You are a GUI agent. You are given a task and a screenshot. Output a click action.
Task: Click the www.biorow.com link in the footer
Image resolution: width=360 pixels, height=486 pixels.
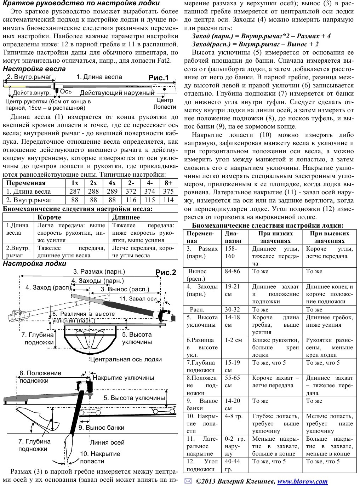[x=303, y=481]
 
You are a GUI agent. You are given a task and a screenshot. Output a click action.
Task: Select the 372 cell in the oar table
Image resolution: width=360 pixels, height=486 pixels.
[x=131, y=191]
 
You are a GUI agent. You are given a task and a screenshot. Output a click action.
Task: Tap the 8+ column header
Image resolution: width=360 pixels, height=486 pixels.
[x=168, y=183]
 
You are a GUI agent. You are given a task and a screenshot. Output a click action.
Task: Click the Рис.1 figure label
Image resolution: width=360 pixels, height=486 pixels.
[x=159, y=78]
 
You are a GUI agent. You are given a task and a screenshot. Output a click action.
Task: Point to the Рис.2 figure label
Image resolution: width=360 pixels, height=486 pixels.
[x=166, y=272]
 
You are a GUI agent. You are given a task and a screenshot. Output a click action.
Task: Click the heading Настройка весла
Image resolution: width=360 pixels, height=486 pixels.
[x=34, y=69]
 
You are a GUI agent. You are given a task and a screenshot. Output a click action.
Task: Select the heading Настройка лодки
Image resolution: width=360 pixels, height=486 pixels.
[x=34, y=264]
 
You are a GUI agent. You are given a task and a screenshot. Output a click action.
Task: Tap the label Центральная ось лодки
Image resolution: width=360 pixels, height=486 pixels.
[x=126, y=359]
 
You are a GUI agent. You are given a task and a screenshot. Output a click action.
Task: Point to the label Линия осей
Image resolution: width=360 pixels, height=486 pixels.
[x=107, y=442]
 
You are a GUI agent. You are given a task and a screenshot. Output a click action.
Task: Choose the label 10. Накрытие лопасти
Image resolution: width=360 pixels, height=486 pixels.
[x=100, y=457]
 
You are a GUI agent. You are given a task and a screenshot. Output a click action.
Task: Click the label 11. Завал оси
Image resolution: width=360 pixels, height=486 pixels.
[x=138, y=298]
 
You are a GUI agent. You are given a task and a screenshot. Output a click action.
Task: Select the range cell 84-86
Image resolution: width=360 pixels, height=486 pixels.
[x=232, y=271]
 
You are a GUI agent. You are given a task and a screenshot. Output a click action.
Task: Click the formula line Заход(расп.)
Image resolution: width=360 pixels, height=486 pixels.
[x=255, y=44]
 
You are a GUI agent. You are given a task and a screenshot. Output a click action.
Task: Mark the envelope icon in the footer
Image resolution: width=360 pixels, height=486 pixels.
[x=188, y=481]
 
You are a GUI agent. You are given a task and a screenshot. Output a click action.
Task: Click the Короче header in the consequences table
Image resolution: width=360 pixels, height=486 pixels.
[x=49, y=217]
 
